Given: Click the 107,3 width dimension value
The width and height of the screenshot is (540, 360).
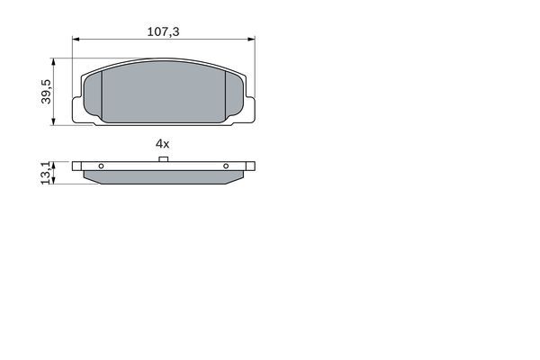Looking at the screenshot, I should [163, 31].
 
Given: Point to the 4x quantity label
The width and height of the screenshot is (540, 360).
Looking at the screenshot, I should [162, 143].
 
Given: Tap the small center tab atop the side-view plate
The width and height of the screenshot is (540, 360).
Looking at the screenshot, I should [163, 160].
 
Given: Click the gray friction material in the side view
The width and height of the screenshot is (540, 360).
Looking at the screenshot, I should [163, 177].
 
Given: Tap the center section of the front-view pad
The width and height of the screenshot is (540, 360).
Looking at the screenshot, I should [163, 94].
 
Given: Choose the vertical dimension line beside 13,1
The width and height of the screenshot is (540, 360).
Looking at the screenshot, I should [57, 173].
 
